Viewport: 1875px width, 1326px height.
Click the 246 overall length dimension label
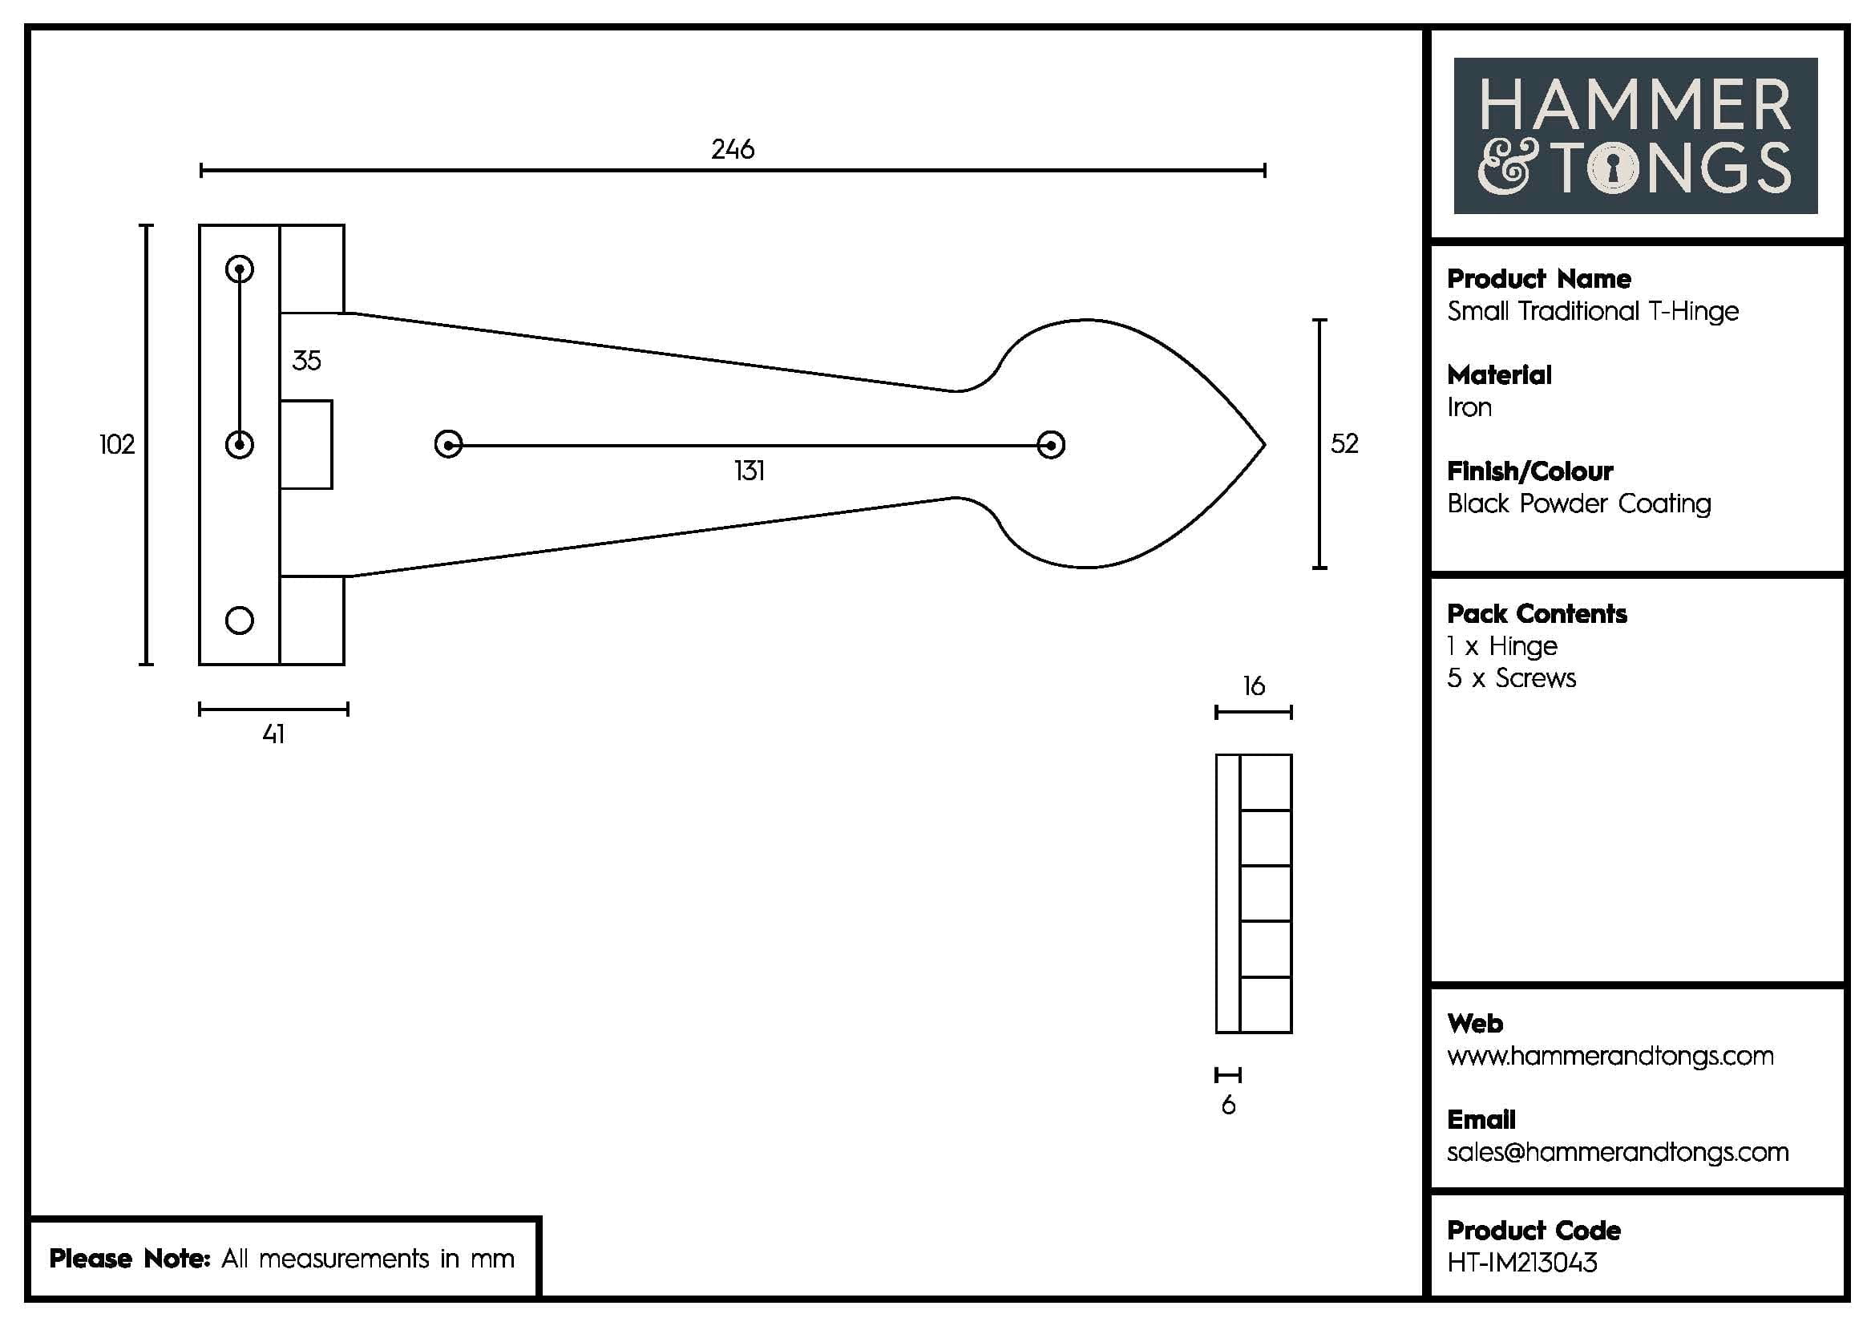pos(733,149)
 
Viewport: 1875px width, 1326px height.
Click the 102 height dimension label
pos(117,445)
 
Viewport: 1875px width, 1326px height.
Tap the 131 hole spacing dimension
pos(749,471)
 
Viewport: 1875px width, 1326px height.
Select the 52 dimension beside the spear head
pos(1344,444)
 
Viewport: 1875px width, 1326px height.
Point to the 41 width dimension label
pos(273,734)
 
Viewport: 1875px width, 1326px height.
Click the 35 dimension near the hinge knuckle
pos(306,360)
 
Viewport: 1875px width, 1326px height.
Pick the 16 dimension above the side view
pos(1254,686)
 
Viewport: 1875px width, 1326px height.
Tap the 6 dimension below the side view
pos(1228,1106)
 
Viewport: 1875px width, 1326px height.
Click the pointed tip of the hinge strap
pos(1263,445)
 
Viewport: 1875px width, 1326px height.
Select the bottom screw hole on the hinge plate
pos(239,621)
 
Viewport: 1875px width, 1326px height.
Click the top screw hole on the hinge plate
pos(239,269)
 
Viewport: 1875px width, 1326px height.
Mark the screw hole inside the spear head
pos(1050,445)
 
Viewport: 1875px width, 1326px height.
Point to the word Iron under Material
pos(1469,407)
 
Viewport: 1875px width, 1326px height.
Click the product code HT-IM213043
pos(1521,1263)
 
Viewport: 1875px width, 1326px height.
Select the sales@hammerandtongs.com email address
pos(1617,1152)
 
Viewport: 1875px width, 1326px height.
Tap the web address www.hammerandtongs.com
pos(1610,1056)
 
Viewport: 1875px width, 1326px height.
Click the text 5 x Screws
pos(1511,678)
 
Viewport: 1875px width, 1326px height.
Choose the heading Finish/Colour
pos(1529,471)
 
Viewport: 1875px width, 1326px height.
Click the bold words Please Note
pos(130,1258)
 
